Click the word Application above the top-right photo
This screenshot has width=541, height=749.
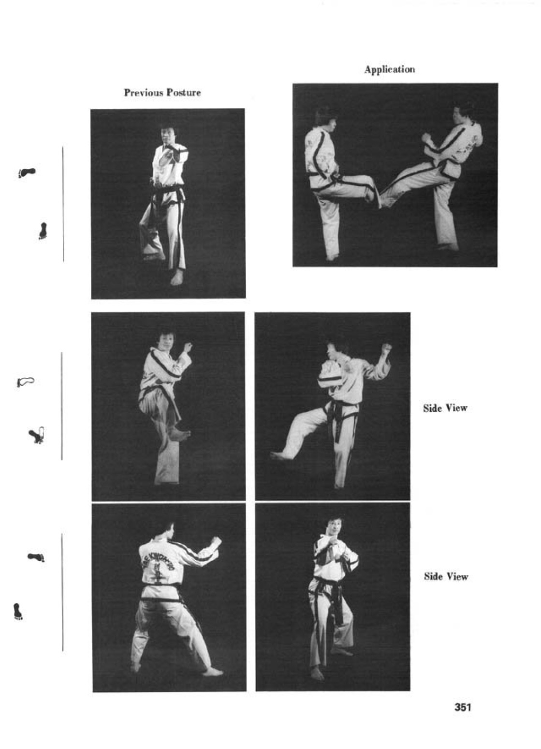click(390, 70)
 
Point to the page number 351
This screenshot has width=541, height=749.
click(463, 707)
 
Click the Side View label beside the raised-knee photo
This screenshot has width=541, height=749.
click(445, 408)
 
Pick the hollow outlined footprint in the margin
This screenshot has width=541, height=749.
click(26, 382)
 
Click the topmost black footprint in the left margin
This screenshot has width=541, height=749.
click(27, 173)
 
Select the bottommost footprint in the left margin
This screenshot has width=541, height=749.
click(18, 612)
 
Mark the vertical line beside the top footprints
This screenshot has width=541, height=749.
click(63, 204)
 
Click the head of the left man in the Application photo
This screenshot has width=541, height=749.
click(324, 119)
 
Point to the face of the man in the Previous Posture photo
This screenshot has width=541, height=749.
click(166, 135)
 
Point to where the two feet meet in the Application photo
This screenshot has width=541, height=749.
click(380, 201)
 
